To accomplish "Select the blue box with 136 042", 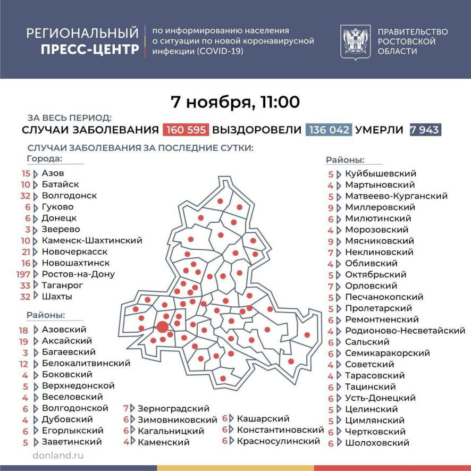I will coord(328,130).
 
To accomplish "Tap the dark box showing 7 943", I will coord(426,130).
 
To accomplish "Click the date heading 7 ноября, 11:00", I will coord(235,101).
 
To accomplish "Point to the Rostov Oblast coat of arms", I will coord(356,42).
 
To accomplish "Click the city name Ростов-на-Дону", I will coord(78,274).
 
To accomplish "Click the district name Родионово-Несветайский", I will coord(405,331).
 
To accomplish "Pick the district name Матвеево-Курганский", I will coord(396,196).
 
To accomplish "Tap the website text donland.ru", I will coord(58,456).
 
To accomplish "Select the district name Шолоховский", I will coord(377,442).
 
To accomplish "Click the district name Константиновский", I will coord(280,430).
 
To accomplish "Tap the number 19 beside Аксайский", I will coord(23,341).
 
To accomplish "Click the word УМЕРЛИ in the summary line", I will coord(379,130).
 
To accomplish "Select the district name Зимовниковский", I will coord(177,419).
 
